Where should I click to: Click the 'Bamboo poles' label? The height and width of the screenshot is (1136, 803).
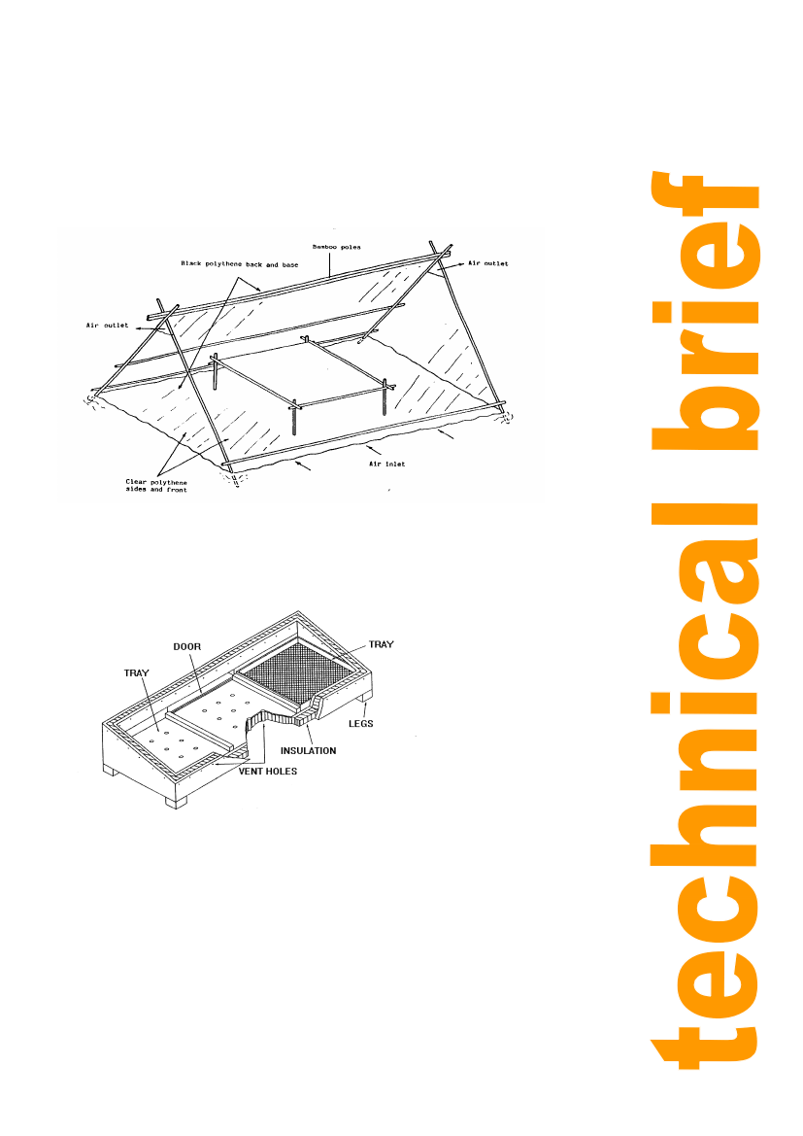[x=336, y=247]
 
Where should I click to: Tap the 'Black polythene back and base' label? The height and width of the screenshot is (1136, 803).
[x=239, y=264]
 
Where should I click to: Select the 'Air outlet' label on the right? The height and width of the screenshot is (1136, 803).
[x=488, y=263]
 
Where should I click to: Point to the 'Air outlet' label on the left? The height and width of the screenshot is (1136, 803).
[x=107, y=326]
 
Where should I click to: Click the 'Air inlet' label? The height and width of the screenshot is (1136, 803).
[x=387, y=464]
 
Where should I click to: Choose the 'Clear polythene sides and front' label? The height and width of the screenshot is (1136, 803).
[x=156, y=486]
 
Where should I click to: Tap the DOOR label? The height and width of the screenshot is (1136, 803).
[x=186, y=647]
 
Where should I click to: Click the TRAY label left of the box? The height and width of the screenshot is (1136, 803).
[x=136, y=673]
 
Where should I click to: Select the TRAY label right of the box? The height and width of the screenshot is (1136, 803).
[x=381, y=644]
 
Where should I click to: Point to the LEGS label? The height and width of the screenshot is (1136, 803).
[x=360, y=723]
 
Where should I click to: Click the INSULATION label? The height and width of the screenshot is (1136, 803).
[x=309, y=750]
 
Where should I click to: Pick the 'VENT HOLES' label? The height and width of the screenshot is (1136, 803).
[x=268, y=772]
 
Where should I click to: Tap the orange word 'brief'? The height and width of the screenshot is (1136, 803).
[x=705, y=312]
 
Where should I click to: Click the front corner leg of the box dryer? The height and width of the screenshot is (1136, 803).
[x=176, y=802]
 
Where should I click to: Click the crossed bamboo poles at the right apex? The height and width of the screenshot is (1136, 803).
[x=440, y=253]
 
